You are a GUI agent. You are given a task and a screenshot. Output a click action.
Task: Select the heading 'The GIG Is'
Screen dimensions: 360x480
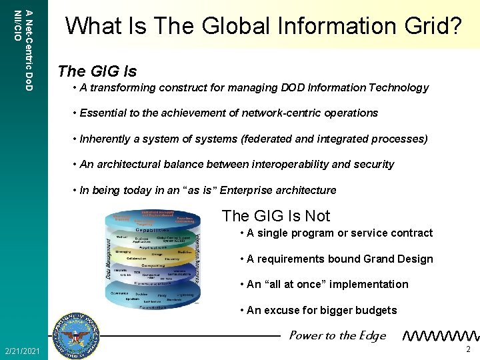tap(97, 71)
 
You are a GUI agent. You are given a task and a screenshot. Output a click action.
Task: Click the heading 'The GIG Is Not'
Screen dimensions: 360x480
tap(275, 215)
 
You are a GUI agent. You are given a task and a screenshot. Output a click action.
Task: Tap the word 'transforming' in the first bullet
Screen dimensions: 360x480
tap(121, 87)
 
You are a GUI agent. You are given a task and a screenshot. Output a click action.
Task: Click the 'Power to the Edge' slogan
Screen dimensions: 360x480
tap(337, 335)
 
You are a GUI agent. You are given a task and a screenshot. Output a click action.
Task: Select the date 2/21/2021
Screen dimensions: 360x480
tap(22, 351)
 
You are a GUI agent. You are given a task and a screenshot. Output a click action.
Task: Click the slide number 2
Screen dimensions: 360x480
tap(468, 350)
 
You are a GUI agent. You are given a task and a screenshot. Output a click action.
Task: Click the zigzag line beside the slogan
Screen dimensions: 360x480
tap(441, 336)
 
